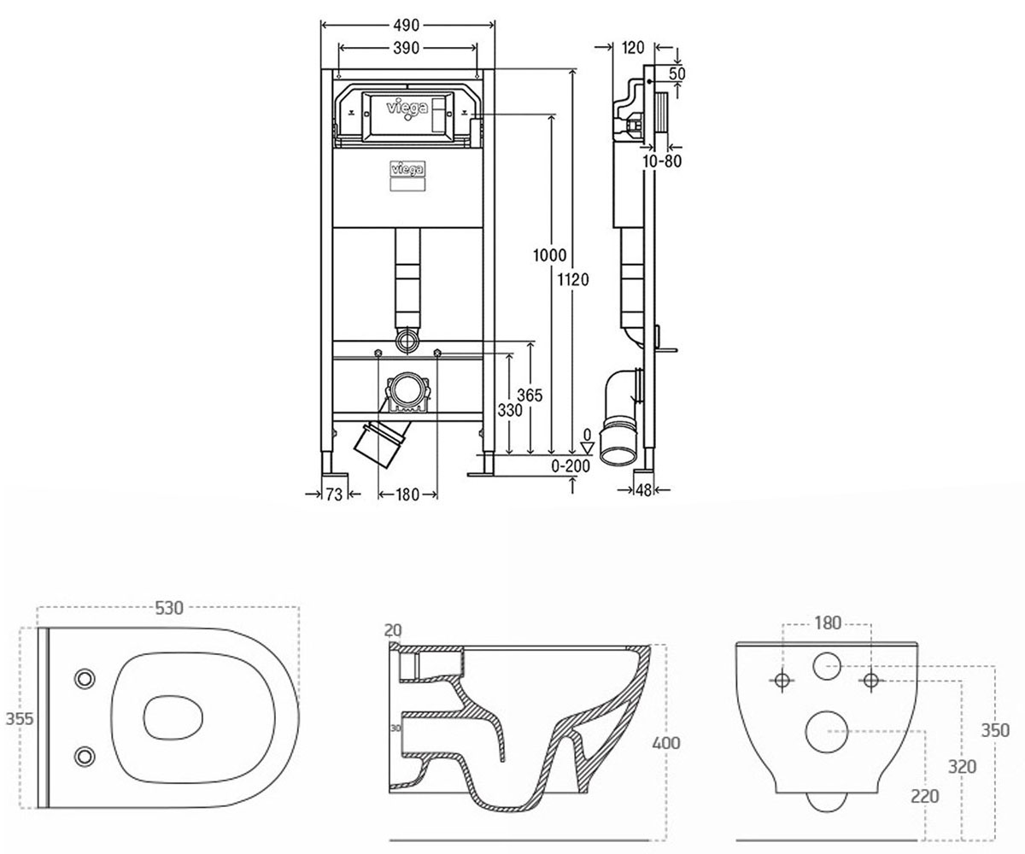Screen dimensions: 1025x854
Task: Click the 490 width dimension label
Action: tap(407, 25)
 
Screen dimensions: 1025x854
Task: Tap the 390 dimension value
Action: tap(407, 48)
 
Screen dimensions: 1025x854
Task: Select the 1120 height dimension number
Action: tap(573, 280)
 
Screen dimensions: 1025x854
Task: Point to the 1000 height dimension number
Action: tap(550, 255)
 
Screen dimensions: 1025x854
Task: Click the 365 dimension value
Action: tap(530, 395)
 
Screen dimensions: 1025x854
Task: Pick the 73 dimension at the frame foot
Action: tap(334, 494)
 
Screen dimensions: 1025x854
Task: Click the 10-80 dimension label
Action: tap(662, 161)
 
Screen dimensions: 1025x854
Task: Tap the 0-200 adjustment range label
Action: tap(571, 465)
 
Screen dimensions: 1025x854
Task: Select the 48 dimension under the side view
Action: tap(643, 490)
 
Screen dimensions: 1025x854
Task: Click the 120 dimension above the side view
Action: tap(632, 48)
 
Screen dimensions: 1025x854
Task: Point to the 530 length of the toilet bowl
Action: tap(169, 608)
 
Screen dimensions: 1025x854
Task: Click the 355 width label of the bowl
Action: tap(19, 719)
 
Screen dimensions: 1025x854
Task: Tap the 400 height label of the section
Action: tap(666, 743)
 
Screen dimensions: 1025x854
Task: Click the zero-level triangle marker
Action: tap(587, 447)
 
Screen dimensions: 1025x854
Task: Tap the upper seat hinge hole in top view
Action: tap(85, 679)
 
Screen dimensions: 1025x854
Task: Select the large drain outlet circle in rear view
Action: tap(827, 732)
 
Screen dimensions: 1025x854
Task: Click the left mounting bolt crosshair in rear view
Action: tap(782, 681)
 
